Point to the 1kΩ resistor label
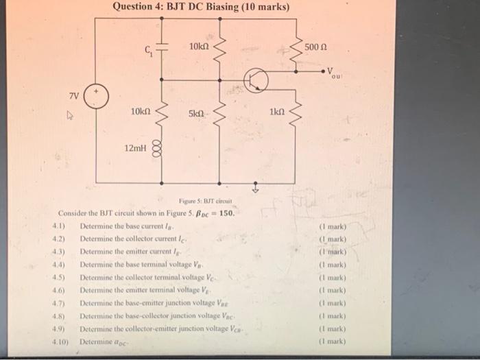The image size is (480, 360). [x=277, y=112]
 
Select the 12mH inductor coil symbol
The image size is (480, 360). [x=163, y=148]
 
